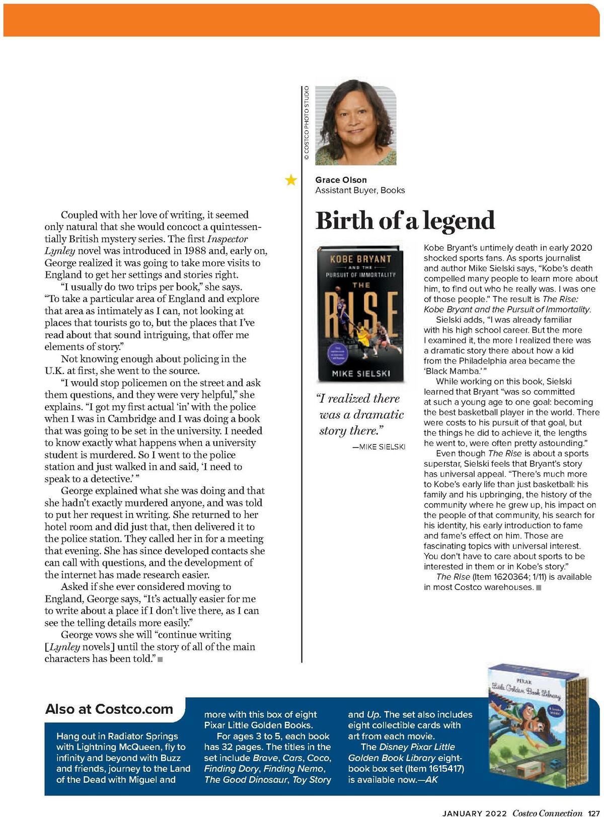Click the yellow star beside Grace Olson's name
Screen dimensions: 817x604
[291, 180]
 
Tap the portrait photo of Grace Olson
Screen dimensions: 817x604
[355, 125]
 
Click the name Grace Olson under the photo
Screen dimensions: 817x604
[341, 180]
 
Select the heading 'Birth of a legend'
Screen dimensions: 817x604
[405, 220]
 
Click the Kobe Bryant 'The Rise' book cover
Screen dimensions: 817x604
[360, 313]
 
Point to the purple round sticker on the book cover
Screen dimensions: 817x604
[334, 351]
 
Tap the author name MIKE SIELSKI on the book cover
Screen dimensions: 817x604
[361, 374]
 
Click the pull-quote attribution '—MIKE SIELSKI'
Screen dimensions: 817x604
[379, 447]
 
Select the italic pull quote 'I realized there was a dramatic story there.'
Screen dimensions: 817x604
[360, 414]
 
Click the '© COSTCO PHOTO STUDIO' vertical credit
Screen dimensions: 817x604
[306, 123]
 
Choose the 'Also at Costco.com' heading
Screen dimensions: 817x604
[109, 709]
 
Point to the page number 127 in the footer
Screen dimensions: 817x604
[594, 813]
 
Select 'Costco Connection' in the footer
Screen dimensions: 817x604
[547, 813]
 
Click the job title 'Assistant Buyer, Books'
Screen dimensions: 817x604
[360, 190]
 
